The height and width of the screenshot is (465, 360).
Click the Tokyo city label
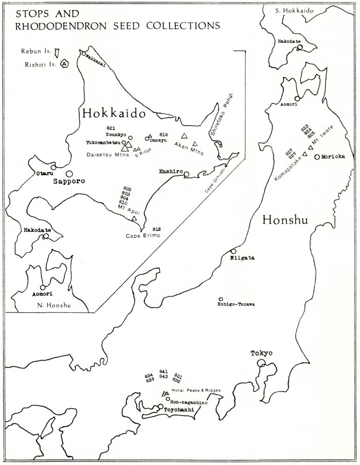[261, 353]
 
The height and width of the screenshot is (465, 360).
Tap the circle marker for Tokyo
[262, 363]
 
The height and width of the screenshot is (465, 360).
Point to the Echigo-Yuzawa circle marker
[221, 299]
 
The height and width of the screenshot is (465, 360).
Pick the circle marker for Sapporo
[69, 174]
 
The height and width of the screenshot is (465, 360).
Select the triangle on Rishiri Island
[64, 64]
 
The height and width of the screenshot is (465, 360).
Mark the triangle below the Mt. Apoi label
[134, 218]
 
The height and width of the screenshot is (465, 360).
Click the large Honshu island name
[284, 220]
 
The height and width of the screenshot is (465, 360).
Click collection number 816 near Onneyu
[164, 133]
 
